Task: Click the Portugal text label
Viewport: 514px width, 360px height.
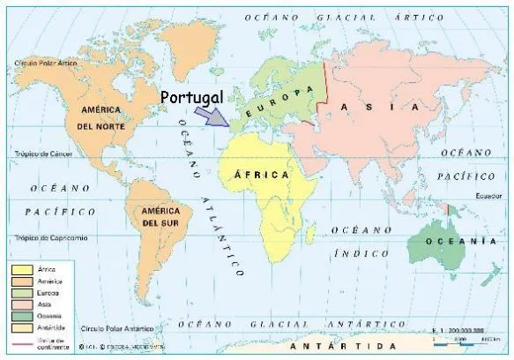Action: (x=193, y=96)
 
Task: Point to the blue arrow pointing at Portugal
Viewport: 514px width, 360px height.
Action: (x=211, y=116)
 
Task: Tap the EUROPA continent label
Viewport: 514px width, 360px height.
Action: (x=280, y=102)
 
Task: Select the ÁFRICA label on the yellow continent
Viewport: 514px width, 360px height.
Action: (x=262, y=176)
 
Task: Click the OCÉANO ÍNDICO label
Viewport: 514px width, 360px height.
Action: (x=362, y=242)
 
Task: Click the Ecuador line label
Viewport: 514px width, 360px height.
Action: (x=487, y=195)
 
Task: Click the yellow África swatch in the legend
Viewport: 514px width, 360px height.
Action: (x=22, y=268)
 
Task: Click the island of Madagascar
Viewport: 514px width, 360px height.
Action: (x=321, y=225)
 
